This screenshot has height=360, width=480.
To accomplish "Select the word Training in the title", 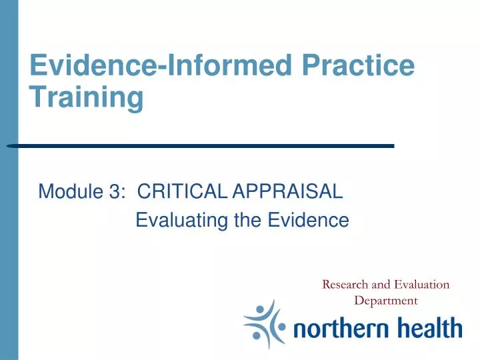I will [87, 98].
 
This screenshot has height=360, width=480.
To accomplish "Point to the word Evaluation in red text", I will [421, 285].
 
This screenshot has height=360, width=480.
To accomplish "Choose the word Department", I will [385, 300].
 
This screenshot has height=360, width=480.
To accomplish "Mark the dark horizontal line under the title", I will [200, 145].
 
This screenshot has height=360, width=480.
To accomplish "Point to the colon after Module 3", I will [125, 193].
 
